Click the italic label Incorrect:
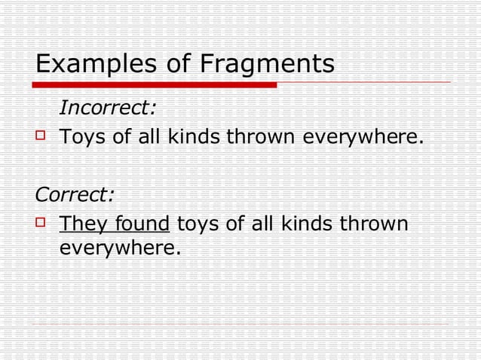108,108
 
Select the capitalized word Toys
82,138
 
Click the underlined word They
84,224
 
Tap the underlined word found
144,224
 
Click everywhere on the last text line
121,246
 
